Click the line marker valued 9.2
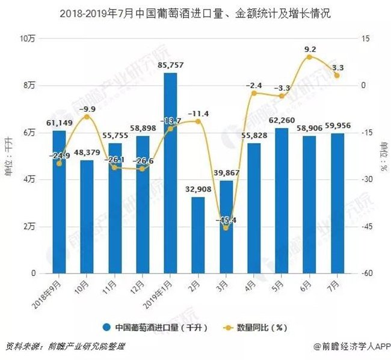click(309, 57)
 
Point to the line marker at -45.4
click(226, 227)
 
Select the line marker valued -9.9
click(87, 117)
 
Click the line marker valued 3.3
click(337, 75)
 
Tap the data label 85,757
click(170, 65)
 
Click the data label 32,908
click(198, 189)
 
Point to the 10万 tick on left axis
click(28, 38)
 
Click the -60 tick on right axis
click(365, 273)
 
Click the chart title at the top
click(195, 12)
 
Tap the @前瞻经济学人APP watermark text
click(353, 347)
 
